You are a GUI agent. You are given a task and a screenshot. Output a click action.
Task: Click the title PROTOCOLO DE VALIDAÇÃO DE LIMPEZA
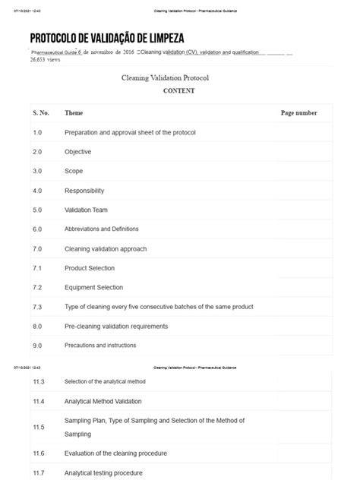point(106,38)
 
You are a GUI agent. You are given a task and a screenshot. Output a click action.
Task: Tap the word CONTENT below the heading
point(179,90)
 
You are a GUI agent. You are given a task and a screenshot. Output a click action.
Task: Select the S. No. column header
point(41,112)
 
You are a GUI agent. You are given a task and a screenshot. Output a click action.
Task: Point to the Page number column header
point(298,112)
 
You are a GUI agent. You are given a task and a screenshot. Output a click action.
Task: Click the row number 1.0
point(38,132)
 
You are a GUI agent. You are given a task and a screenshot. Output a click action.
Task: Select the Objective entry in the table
point(78,152)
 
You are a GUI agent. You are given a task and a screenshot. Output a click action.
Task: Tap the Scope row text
point(74,171)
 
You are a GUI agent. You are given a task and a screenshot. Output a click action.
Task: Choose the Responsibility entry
point(84,191)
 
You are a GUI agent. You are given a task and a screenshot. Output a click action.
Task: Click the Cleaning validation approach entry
point(106,248)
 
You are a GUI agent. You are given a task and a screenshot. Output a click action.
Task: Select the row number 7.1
point(37,267)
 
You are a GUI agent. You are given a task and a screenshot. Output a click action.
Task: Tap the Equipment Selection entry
point(93,287)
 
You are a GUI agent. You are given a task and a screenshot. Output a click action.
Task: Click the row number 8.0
point(38,326)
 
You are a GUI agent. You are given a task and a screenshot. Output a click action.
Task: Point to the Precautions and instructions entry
point(100,345)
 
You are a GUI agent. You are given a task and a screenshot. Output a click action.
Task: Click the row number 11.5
point(39,427)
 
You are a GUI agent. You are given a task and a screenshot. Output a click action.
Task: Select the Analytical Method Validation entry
point(103,400)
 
